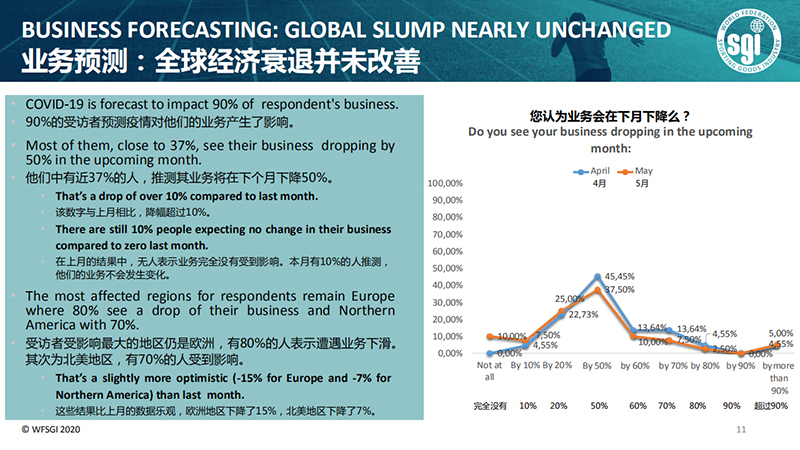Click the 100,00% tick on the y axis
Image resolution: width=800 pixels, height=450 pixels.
(x=444, y=183)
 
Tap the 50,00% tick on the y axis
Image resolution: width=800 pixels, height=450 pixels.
(x=446, y=268)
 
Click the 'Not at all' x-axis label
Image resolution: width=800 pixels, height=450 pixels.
(x=488, y=371)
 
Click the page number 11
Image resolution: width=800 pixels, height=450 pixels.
(x=741, y=430)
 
